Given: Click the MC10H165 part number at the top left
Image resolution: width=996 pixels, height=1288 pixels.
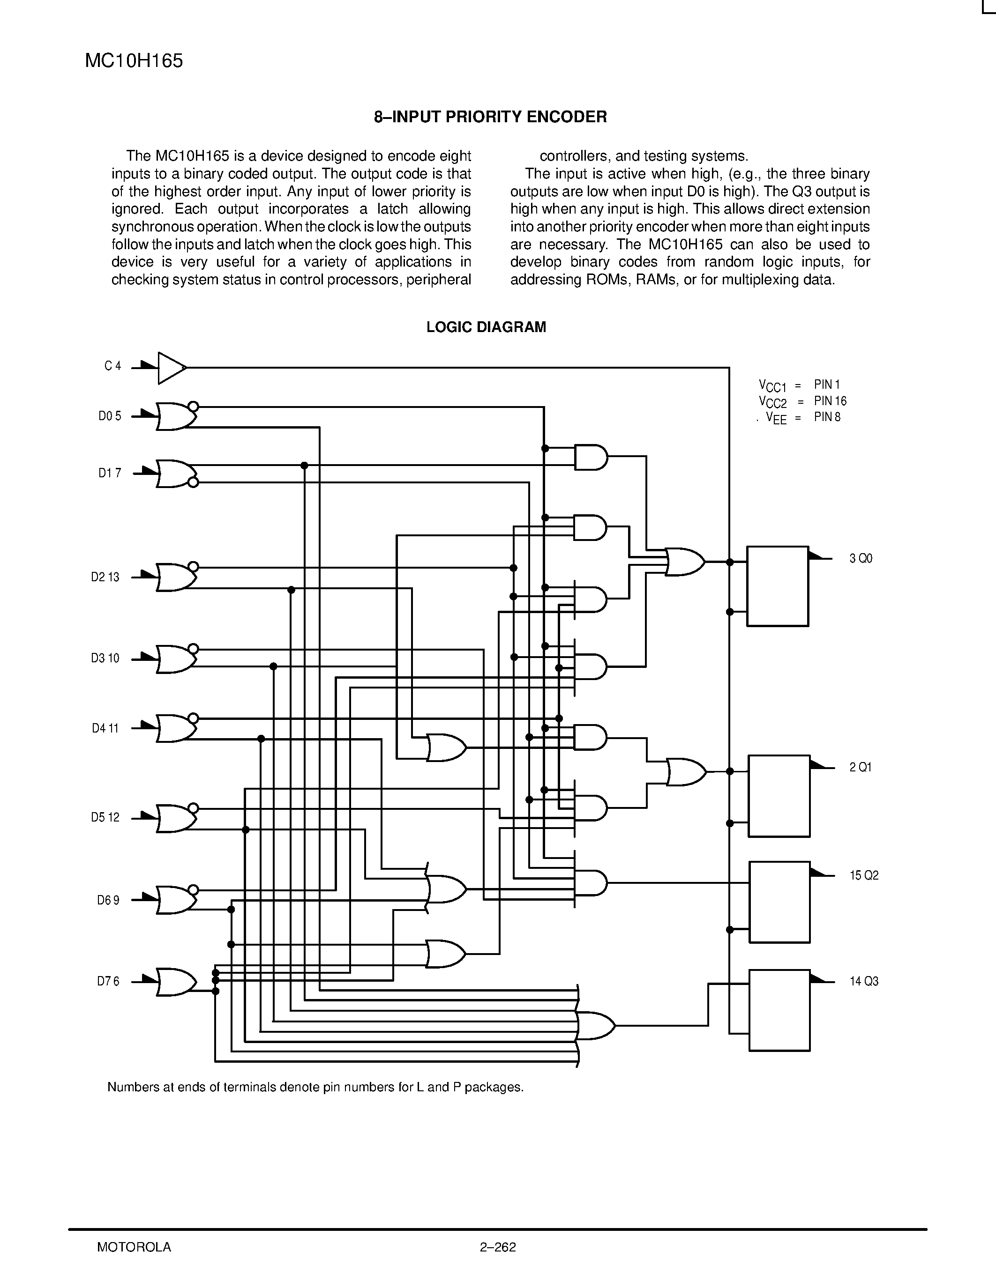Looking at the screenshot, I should (x=134, y=61).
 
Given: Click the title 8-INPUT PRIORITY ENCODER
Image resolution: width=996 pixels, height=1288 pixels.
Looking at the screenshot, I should (x=490, y=117).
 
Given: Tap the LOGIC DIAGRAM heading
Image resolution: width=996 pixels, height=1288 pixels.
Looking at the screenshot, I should (x=486, y=327).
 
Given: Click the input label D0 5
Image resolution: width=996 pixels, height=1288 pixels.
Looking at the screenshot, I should (x=110, y=416).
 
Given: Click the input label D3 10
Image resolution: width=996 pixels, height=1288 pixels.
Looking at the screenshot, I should (x=105, y=658).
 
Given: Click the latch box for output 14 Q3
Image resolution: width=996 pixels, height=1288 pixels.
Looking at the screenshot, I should (x=779, y=1010).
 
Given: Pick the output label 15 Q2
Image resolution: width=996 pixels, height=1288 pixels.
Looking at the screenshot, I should (x=864, y=875).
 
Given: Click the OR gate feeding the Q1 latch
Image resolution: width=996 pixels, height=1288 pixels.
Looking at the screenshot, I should (x=686, y=772).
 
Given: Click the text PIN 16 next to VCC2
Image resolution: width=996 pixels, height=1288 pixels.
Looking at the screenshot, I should (x=830, y=401).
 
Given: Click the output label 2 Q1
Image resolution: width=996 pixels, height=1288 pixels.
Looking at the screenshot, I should (x=860, y=767).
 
